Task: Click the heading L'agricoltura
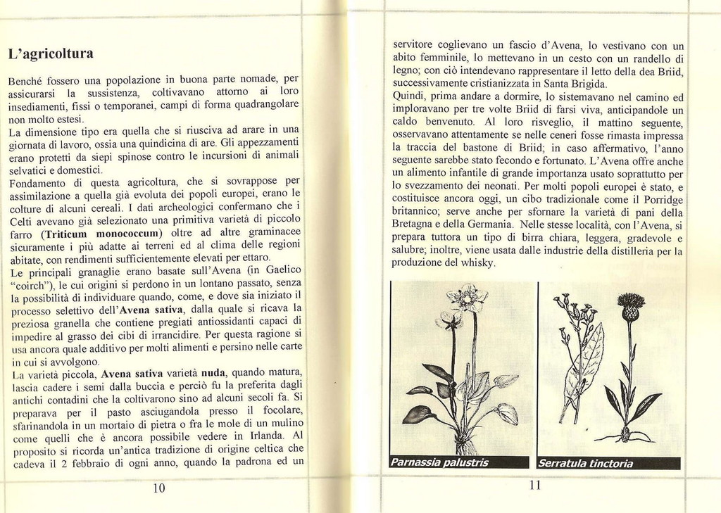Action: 50,54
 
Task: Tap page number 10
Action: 158,488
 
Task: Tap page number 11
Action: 535,485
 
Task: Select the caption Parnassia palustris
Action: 439,463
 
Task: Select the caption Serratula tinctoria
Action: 586,464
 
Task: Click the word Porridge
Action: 658,199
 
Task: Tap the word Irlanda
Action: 266,435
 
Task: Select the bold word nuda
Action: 213,372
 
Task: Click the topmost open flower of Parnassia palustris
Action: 465,298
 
